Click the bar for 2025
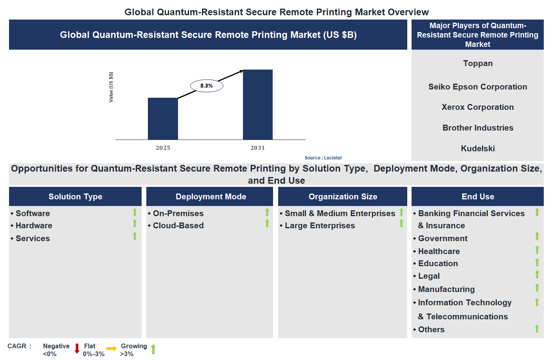pos(163,119)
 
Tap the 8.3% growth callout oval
pos(207,86)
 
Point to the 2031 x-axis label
pos(257,148)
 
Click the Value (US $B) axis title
pos(111,87)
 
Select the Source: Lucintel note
pos(323,158)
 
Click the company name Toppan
pos(478,63)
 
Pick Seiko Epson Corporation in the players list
pos(477,87)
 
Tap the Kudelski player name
pos(478,149)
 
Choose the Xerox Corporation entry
pos(477,107)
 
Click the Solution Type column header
pos(75,197)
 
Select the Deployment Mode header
pos(210,197)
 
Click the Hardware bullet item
pos(34,226)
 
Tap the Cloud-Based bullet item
pos(178,226)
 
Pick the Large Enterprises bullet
pos(320,226)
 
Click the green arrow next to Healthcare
pos(537,249)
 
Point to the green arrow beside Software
pos(135,212)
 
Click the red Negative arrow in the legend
pos(77,348)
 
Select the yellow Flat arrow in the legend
pos(111,348)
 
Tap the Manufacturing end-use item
pos(446,289)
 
